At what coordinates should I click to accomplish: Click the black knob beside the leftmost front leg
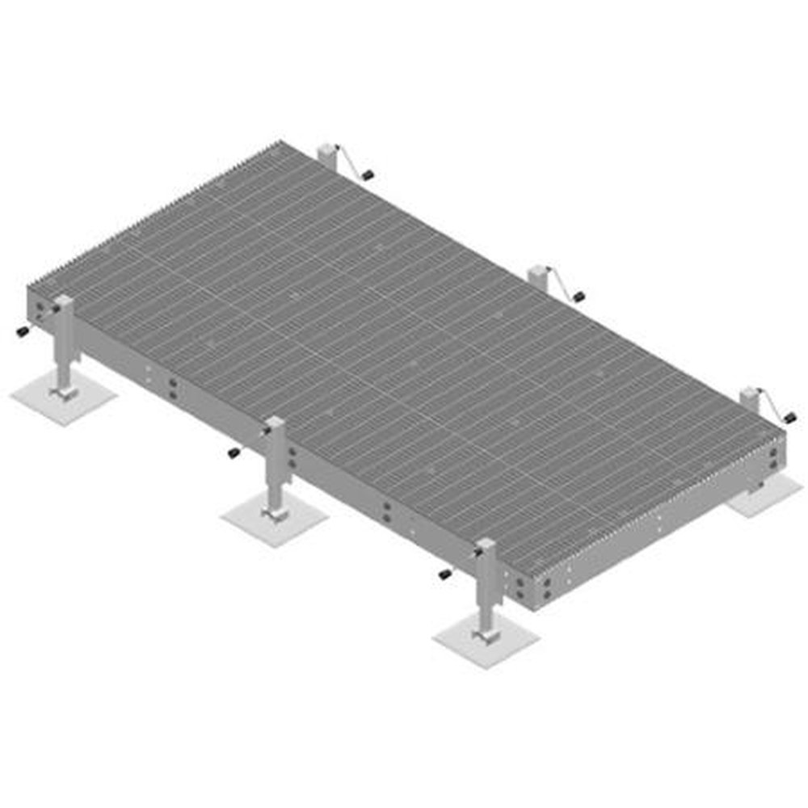tap(23, 332)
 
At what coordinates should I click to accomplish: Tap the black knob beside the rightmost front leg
tap(444, 574)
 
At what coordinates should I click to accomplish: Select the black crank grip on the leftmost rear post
tap(367, 175)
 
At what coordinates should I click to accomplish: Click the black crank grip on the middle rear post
tap(579, 297)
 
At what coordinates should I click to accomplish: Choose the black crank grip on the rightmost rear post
tap(789, 418)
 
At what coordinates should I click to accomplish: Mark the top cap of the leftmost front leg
tap(64, 301)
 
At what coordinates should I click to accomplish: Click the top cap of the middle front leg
tap(275, 423)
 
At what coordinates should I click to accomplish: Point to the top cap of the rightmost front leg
tap(486, 545)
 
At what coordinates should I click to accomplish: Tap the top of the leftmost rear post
tap(326, 148)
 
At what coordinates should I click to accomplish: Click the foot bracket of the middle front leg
tap(275, 511)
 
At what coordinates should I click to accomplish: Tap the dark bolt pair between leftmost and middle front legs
tap(172, 389)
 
